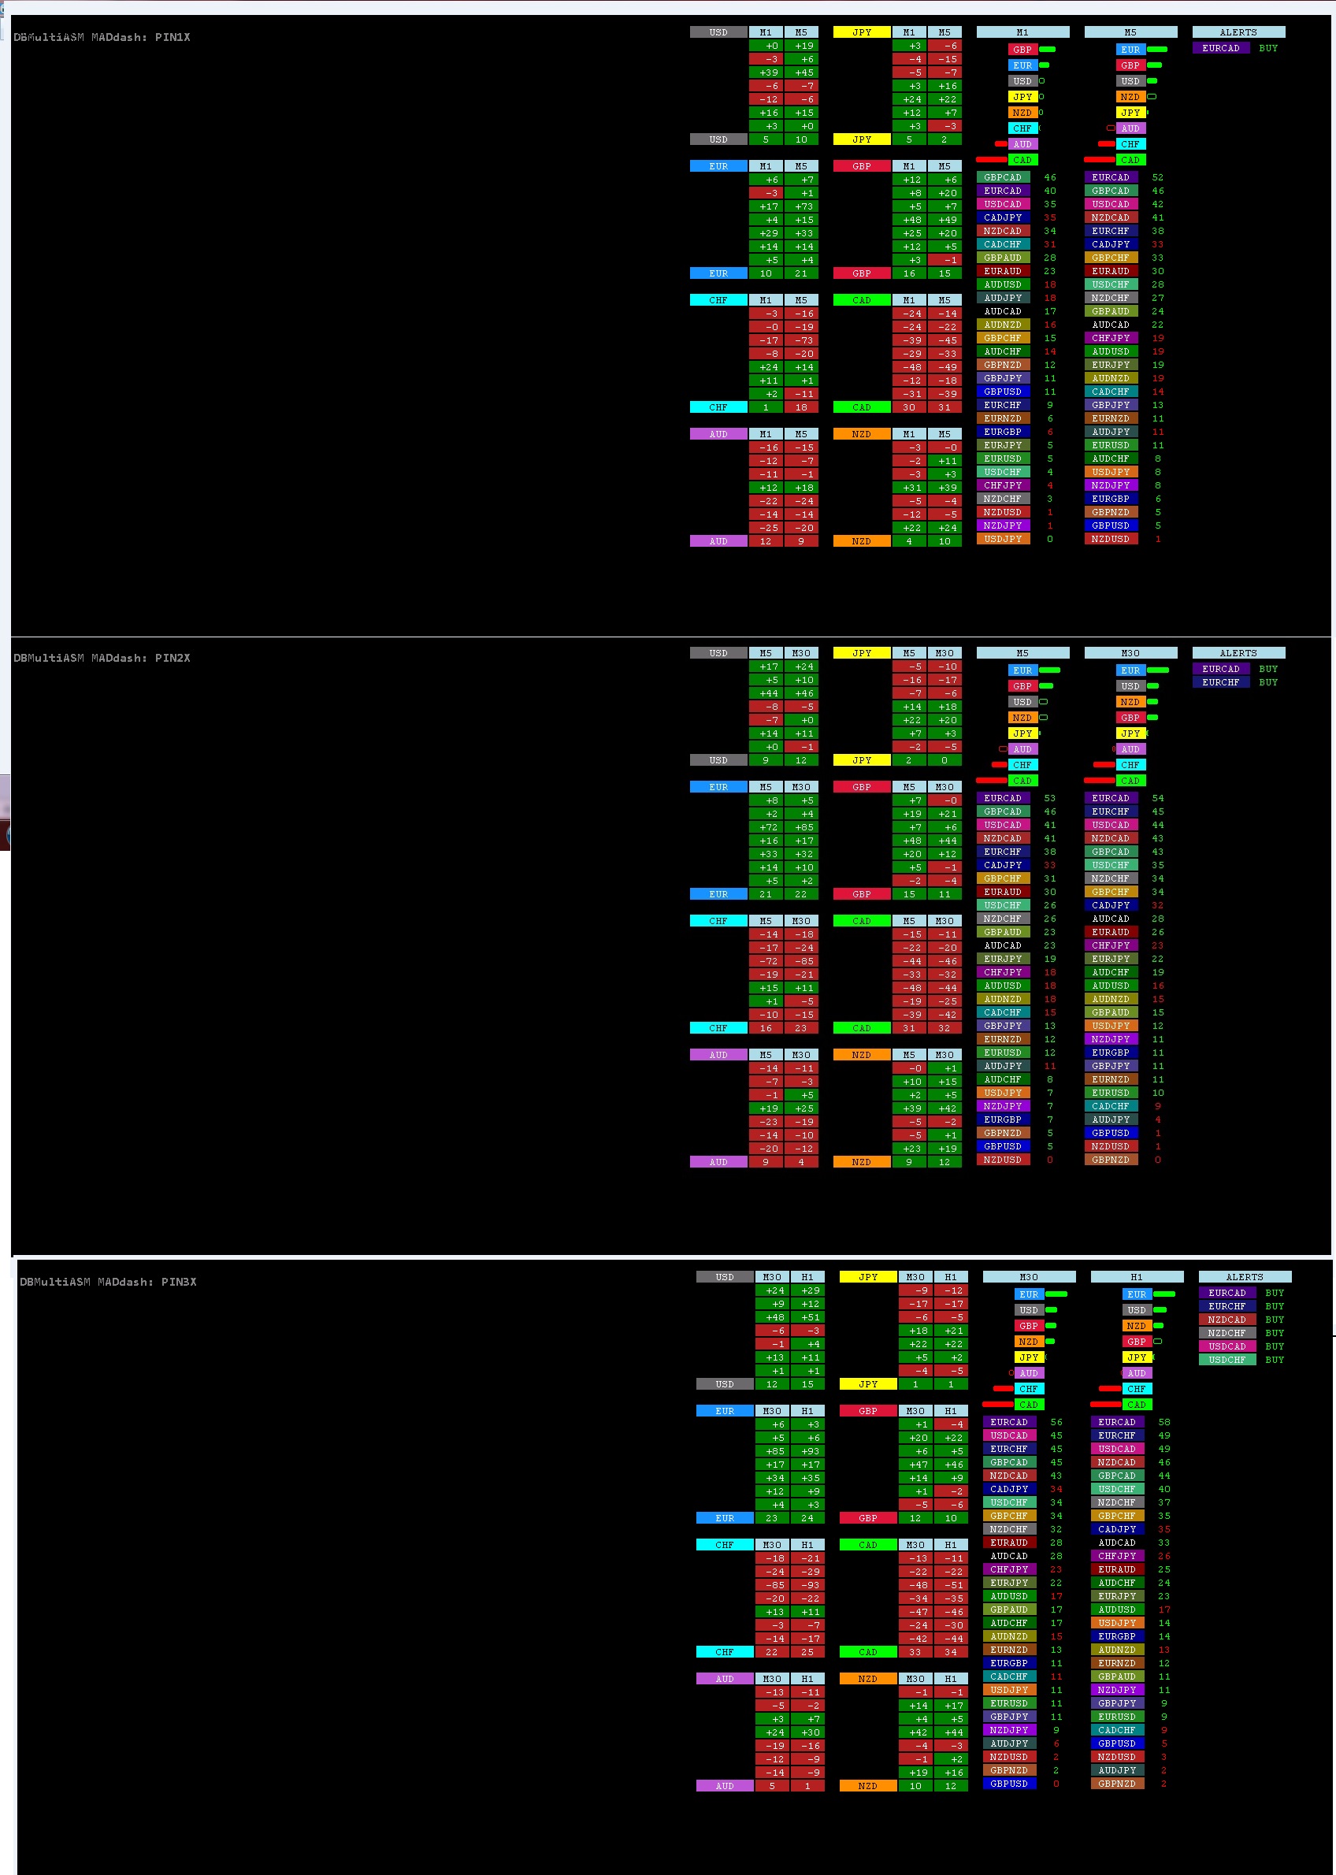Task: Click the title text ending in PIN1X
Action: pyautogui.click(x=101, y=37)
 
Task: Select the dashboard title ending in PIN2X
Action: pyautogui.click(x=101, y=657)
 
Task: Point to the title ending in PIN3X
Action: pyautogui.click(x=108, y=1282)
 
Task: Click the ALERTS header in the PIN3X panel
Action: pyautogui.click(x=1244, y=1277)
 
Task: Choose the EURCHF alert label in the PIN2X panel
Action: pyautogui.click(x=1220, y=682)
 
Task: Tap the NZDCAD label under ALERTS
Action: pyautogui.click(x=1227, y=1320)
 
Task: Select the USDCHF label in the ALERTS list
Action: pyautogui.click(x=1227, y=1360)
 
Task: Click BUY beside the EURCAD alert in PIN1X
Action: pyautogui.click(x=1267, y=48)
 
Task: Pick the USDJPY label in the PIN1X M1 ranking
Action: pyautogui.click(x=1003, y=539)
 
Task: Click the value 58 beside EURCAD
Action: pyautogui.click(x=1164, y=1422)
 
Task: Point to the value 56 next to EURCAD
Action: pyautogui.click(x=1056, y=1422)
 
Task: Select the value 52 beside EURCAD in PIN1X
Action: pyautogui.click(x=1157, y=177)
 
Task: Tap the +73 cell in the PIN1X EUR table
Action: pyautogui.click(x=801, y=206)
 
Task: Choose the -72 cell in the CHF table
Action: pyautogui.click(x=766, y=961)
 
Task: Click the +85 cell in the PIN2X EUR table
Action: pyautogui.click(x=801, y=827)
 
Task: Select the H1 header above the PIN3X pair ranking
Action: pyautogui.click(x=1136, y=1277)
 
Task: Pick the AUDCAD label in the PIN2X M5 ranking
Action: pyautogui.click(x=1003, y=945)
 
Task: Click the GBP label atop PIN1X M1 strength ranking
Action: pyautogui.click(x=1022, y=50)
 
